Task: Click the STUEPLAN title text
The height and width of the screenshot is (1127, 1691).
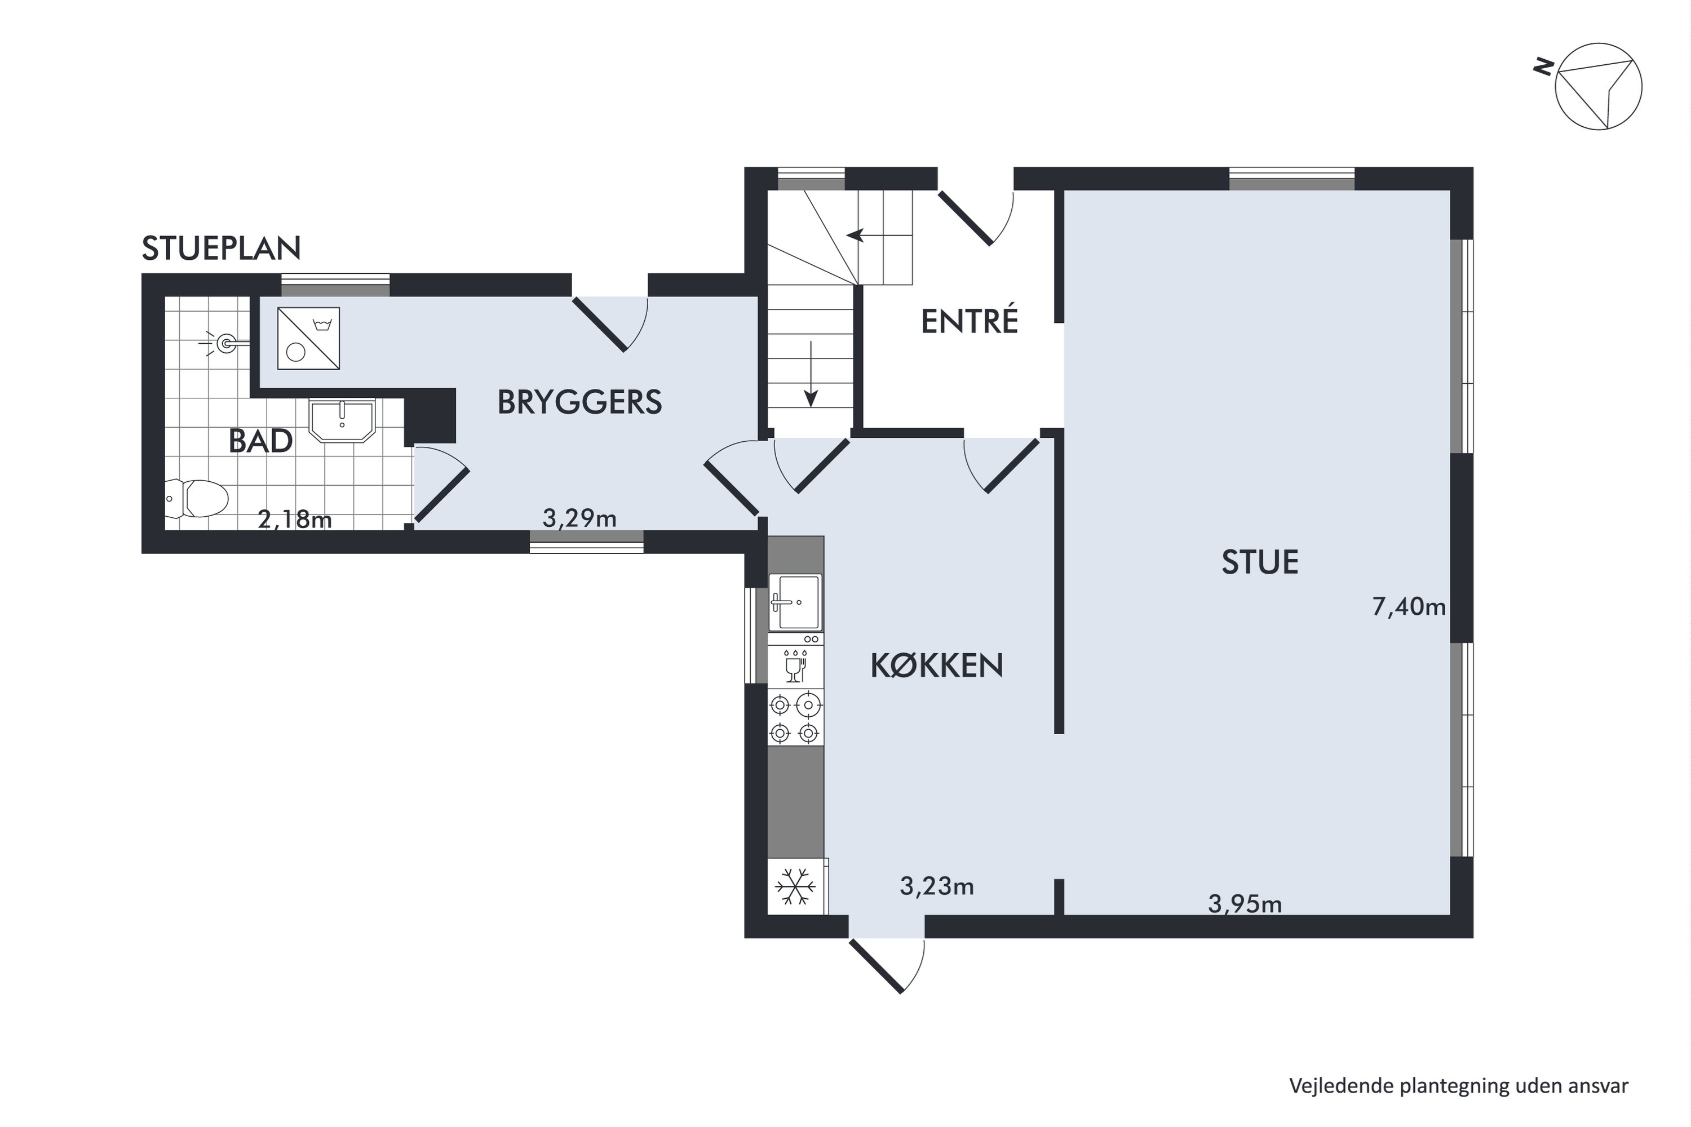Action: (222, 249)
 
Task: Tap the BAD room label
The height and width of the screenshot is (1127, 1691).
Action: (260, 441)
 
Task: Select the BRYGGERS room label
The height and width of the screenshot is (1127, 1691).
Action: (579, 402)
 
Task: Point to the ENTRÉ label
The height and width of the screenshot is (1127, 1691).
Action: (969, 321)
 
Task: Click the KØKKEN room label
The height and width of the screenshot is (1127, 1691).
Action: (937, 665)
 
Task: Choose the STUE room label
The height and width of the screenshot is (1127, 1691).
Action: (1260, 562)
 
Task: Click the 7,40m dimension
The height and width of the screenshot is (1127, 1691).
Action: (1409, 607)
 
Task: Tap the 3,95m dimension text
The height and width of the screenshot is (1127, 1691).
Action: (1245, 903)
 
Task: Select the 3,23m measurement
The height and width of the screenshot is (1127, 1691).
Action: (937, 886)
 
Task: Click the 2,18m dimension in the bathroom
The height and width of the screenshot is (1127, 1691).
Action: (295, 519)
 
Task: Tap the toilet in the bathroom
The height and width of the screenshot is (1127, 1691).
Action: (196, 498)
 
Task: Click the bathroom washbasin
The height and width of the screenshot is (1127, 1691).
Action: (342, 421)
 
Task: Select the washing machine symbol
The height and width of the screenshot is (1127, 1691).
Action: (308, 339)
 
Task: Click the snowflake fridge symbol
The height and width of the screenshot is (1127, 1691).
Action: (795, 886)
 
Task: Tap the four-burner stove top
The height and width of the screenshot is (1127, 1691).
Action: (795, 717)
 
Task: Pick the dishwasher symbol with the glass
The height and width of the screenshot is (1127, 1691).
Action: (795, 665)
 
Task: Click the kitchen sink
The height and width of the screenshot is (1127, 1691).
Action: (795, 602)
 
